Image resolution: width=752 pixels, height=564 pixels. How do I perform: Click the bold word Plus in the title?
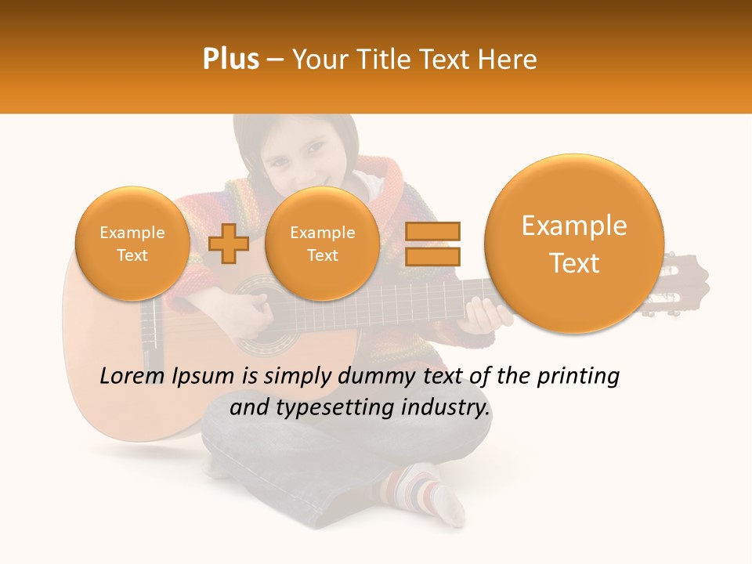coord(230,60)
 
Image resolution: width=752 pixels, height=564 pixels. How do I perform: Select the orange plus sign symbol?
coord(229,243)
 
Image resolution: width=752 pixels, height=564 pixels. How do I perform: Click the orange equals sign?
coord(432,244)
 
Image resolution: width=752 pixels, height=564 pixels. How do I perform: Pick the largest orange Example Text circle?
coord(574,243)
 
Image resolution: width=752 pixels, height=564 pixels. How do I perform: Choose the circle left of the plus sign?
coord(132,243)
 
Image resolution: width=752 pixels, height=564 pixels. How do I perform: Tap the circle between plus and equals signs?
coord(322,243)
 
